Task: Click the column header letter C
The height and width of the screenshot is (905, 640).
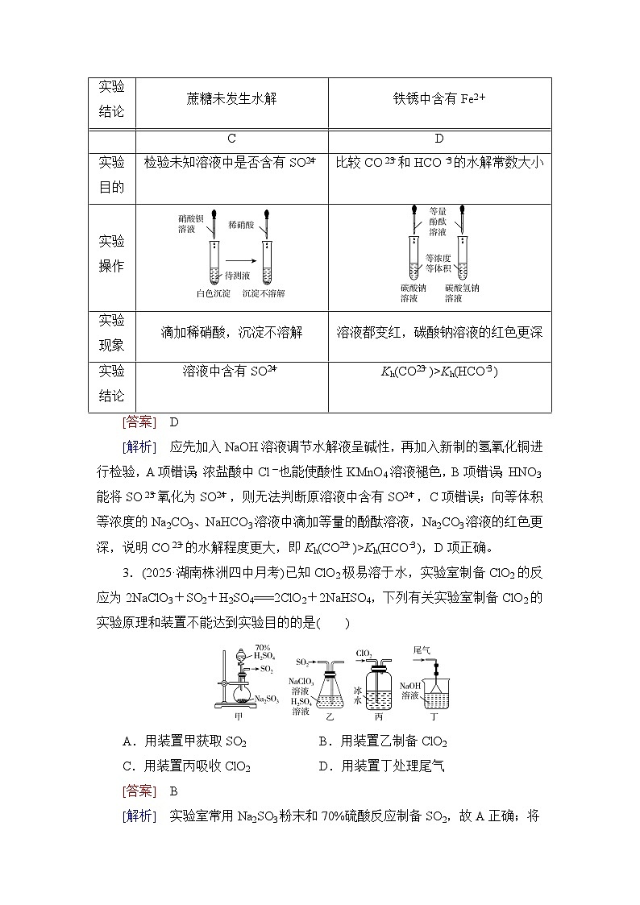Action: (x=231, y=139)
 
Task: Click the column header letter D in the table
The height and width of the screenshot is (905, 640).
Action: (x=439, y=139)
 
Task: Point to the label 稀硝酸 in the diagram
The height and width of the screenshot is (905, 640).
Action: (x=242, y=222)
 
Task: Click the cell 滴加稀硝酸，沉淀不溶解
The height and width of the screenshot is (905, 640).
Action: (x=231, y=332)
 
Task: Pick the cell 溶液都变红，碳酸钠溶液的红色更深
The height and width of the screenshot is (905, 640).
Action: (x=439, y=332)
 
